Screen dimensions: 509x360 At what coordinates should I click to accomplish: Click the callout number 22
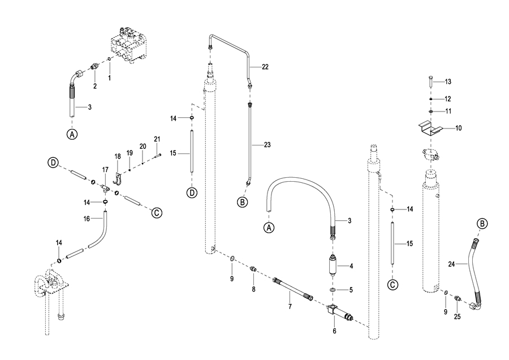265,67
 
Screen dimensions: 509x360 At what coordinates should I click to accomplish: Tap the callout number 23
267,144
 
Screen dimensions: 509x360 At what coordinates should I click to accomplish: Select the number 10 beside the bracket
458,128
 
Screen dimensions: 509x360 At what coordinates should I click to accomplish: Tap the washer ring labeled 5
333,290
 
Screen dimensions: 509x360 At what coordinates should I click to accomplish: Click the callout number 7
290,306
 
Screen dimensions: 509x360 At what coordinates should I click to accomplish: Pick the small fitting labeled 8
253,269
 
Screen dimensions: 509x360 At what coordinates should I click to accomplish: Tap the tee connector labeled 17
105,188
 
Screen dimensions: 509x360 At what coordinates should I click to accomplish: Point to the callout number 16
87,218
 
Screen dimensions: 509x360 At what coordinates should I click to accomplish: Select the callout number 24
451,264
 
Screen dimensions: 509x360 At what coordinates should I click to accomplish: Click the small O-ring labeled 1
109,59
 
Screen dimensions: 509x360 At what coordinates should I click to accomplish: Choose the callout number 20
143,146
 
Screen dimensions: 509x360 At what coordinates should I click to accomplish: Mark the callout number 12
448,98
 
